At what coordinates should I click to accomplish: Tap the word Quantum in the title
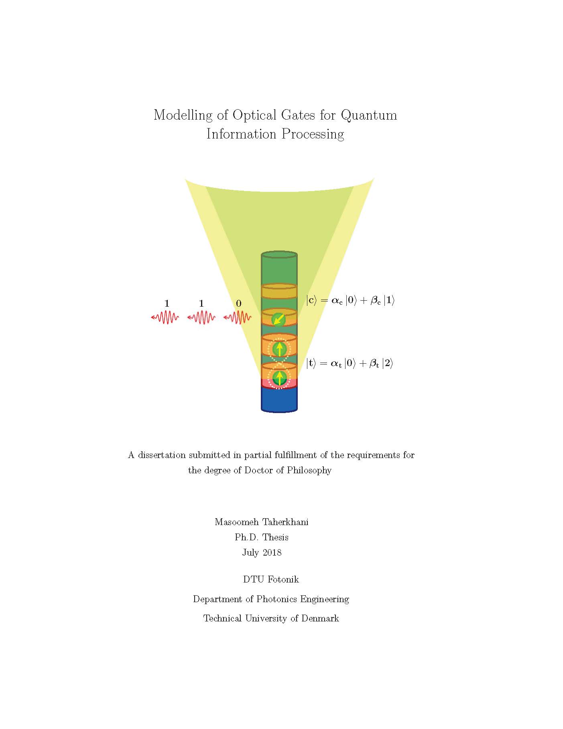pyautogui.click(x=369, y=116)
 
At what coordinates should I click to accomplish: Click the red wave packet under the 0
pyautogui.click(x=238, y=318)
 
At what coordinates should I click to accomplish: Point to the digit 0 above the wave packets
pyautogui.click(x=239, y=303)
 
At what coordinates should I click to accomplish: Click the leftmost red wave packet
pyautogui.click(x=165, y=318)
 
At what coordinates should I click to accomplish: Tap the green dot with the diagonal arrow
pyautogui.click(x=279, y=320)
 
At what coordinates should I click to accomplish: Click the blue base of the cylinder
pyautogui.click(x=279, y=399)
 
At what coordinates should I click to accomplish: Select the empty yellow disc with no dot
pyautogui.click(x=279, y=291)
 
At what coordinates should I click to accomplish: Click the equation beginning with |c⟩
pyautogui.click(x=350, y=301)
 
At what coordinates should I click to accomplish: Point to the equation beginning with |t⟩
pyautogui.click(x=350, y=364)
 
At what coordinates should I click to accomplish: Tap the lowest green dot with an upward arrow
pyautogui.click(x=279, y=378)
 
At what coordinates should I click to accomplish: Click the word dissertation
pyautogui.click(x=162, y=455)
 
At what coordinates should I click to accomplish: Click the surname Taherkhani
pyautogui.click(x=285, y=522)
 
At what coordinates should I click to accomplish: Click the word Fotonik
pyautogui.click(x=285, y=580)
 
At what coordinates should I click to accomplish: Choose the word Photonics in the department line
pyautogui.click(x=276, y=599)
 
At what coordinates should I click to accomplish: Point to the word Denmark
pyautogui.click(x=320, y=619)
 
